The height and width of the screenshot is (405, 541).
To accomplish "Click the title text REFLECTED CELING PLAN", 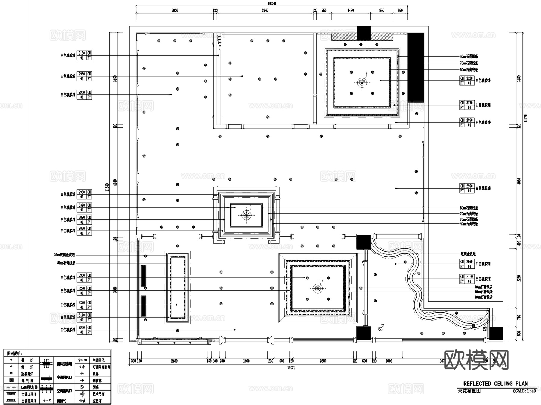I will [x=495, y=384].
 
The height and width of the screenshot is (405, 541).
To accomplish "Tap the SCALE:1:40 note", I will [x=524, y=391].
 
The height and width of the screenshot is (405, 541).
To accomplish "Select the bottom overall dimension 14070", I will [x=291, y=367].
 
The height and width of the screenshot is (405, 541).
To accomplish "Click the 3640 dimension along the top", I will [x=265, y=11].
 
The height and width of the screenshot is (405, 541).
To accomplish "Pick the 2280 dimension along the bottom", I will [x=323, y=361].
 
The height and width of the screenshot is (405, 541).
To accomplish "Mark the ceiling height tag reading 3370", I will [x=82, y=205].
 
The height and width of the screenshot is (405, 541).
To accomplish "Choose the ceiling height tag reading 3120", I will [x=469, y=78].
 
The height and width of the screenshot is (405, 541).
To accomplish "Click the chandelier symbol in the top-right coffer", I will [x=362, y=83].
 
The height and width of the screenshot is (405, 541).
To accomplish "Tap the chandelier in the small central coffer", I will [x=246, y=215].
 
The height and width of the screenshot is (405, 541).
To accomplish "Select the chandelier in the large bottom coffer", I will [x=318, y=289].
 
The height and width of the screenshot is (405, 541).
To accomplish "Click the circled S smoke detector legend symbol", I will [x=82, y=387].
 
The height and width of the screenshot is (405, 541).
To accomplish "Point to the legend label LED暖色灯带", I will [x=29, y=388].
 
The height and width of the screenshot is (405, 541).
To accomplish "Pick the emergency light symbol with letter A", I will [x=82, y=401].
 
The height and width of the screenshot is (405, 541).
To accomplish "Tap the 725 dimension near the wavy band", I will [x=484, y=329].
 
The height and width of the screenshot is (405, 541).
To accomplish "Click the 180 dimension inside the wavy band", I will [x=474, y=325].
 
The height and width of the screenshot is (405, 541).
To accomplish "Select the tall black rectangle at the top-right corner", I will [x=416, y=67].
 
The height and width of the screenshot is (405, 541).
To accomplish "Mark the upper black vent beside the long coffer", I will [x=143, y=275].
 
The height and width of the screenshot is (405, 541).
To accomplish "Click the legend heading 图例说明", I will [x=14, y=354].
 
